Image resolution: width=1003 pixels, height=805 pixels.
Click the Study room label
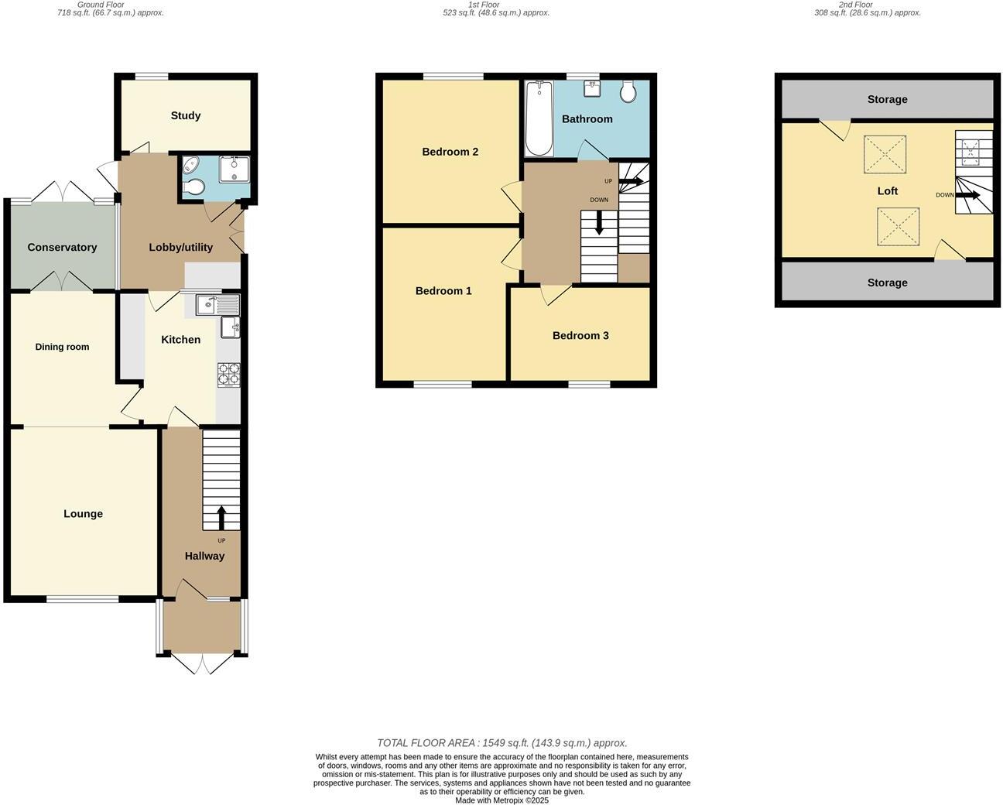(x=186, y=115)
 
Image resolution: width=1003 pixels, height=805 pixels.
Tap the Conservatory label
(x=62, y=247)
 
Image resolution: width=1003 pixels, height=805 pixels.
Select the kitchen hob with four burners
(x=228, y=375)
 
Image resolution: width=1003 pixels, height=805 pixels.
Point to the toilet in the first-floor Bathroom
(x=628, y=91)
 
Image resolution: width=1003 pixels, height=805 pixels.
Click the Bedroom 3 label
(x=580, y=335)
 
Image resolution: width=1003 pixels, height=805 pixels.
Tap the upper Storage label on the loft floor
(x=887, y=99)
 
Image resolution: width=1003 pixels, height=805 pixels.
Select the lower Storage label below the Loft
(x=887, y=283)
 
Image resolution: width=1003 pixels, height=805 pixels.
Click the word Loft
(x=887, y=190)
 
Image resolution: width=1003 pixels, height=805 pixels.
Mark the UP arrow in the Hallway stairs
(x=221, y=517)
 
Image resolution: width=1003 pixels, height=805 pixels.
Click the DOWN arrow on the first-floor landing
(x=599, y=224)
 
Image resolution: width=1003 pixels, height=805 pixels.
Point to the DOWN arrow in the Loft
(x=967, y=195)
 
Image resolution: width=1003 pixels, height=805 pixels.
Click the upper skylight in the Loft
(x=885, y=153)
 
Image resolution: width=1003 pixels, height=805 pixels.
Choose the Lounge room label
(x=83, y=514)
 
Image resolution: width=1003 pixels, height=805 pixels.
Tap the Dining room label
(x=62, y=347)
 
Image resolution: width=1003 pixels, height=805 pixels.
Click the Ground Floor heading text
(x=101, y=5)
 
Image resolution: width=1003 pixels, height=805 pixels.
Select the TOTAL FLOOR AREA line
(x=502, y=743)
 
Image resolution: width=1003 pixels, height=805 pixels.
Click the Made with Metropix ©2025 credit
(x=502, y=800)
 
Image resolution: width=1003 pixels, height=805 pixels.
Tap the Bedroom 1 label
(x=443, y=291)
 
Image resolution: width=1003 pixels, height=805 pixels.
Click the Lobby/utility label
(x=180, y=247)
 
